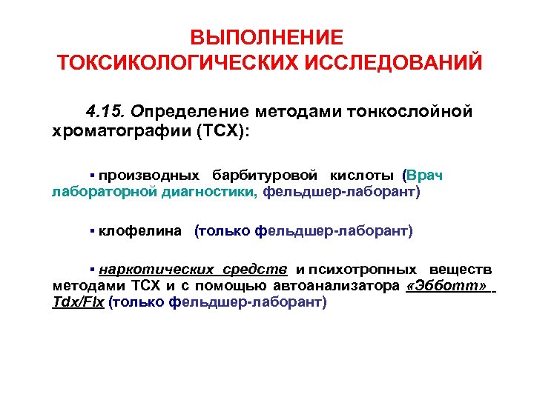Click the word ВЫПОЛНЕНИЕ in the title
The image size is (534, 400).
pyautogui.click(x=267, y=37)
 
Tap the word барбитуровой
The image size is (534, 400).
pyautogui.click(x=265, y=176)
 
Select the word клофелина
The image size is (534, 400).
pyautogui.click(x=140, y=231)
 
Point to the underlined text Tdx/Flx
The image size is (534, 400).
pyautogui.click(x=78, y=303)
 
